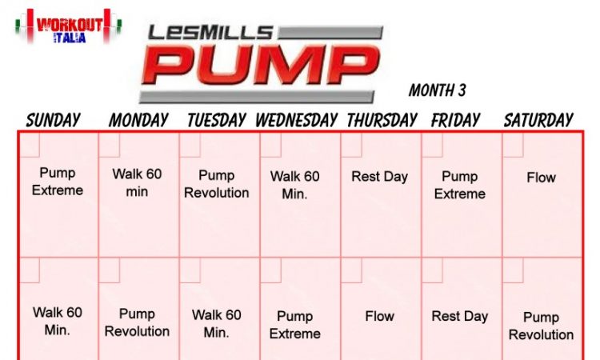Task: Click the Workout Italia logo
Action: click(x=69, y=26)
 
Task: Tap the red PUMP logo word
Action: click(x=260, y=65)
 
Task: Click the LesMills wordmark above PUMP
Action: click(x=210, y=33)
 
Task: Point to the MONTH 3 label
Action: click(x=438, y=90)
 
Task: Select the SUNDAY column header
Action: click(x=53, y=120)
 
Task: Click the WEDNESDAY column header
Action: click(x=297, y=120)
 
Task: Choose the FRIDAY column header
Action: click(x=455, y=120)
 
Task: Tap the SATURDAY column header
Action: click(x=538, y=120)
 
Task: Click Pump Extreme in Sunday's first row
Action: click(x=58, y=182)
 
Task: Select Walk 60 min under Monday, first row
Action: click(x=137, y=182)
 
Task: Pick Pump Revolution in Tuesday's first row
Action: click(x=217, y=184)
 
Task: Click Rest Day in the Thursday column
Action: click(x=379, y=177)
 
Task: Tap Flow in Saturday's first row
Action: click(x=541, y=178)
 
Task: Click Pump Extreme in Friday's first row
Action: click(x=459, y=185)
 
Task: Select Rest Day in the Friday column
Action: click(x=459, y=316)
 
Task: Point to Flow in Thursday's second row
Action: click(x=379, y=316)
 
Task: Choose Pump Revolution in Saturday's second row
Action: click(x=541, y=326)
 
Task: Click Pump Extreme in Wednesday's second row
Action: click(x=295, y=325)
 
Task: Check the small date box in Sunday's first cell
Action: click(x=29, y=145)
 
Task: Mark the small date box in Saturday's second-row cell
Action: click(x=513, y=270)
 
